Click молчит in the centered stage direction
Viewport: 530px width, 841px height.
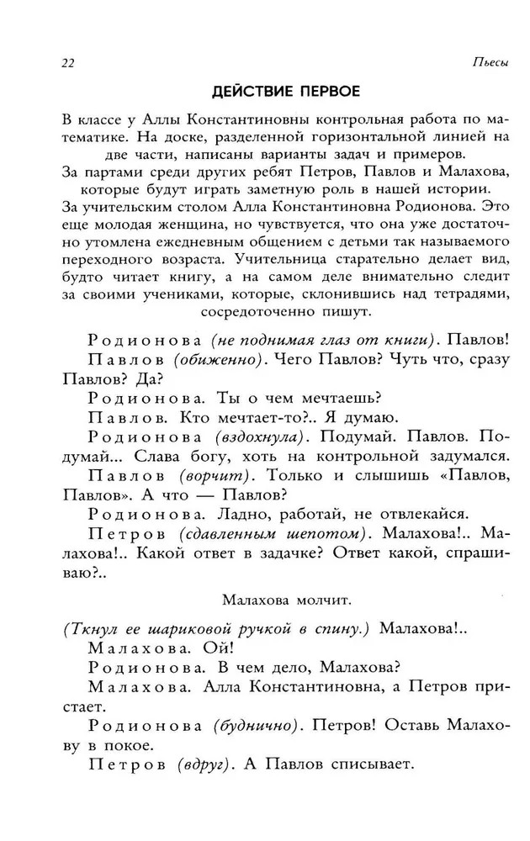321,600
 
